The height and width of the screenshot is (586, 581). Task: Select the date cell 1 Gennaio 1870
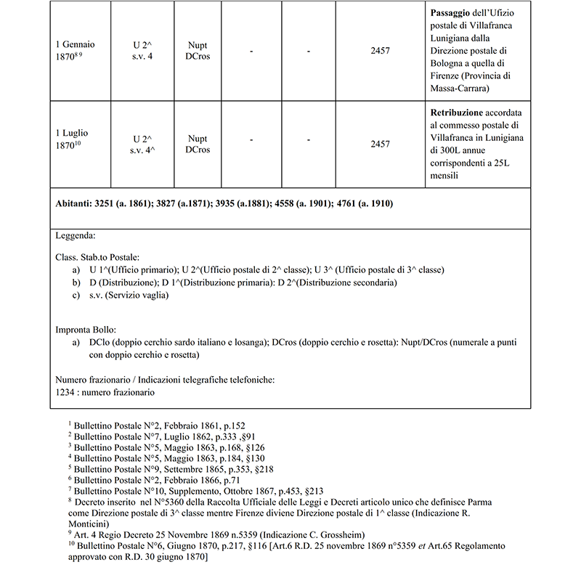coord(75,50)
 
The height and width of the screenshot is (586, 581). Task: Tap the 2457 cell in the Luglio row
coord(380,145)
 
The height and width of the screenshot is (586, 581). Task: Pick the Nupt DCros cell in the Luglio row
coord(197,145)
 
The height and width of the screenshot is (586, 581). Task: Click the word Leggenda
coord(76,236)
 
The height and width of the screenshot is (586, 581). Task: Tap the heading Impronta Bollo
coord(85,329)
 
